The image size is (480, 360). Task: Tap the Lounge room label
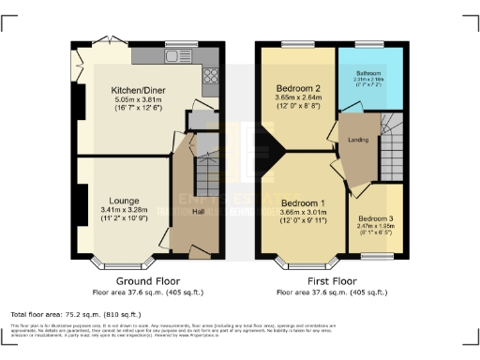tap(124, 200)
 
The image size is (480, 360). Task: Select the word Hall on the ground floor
tap(199, 212)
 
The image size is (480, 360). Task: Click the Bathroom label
tap(368, 72)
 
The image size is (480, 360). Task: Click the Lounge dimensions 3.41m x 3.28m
tap(124, 210)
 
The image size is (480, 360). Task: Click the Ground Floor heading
tap(148, 280)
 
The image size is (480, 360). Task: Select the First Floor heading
tap(331, 280)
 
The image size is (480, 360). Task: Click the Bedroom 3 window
tap(378, 255)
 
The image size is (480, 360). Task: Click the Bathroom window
tap(367, 43)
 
